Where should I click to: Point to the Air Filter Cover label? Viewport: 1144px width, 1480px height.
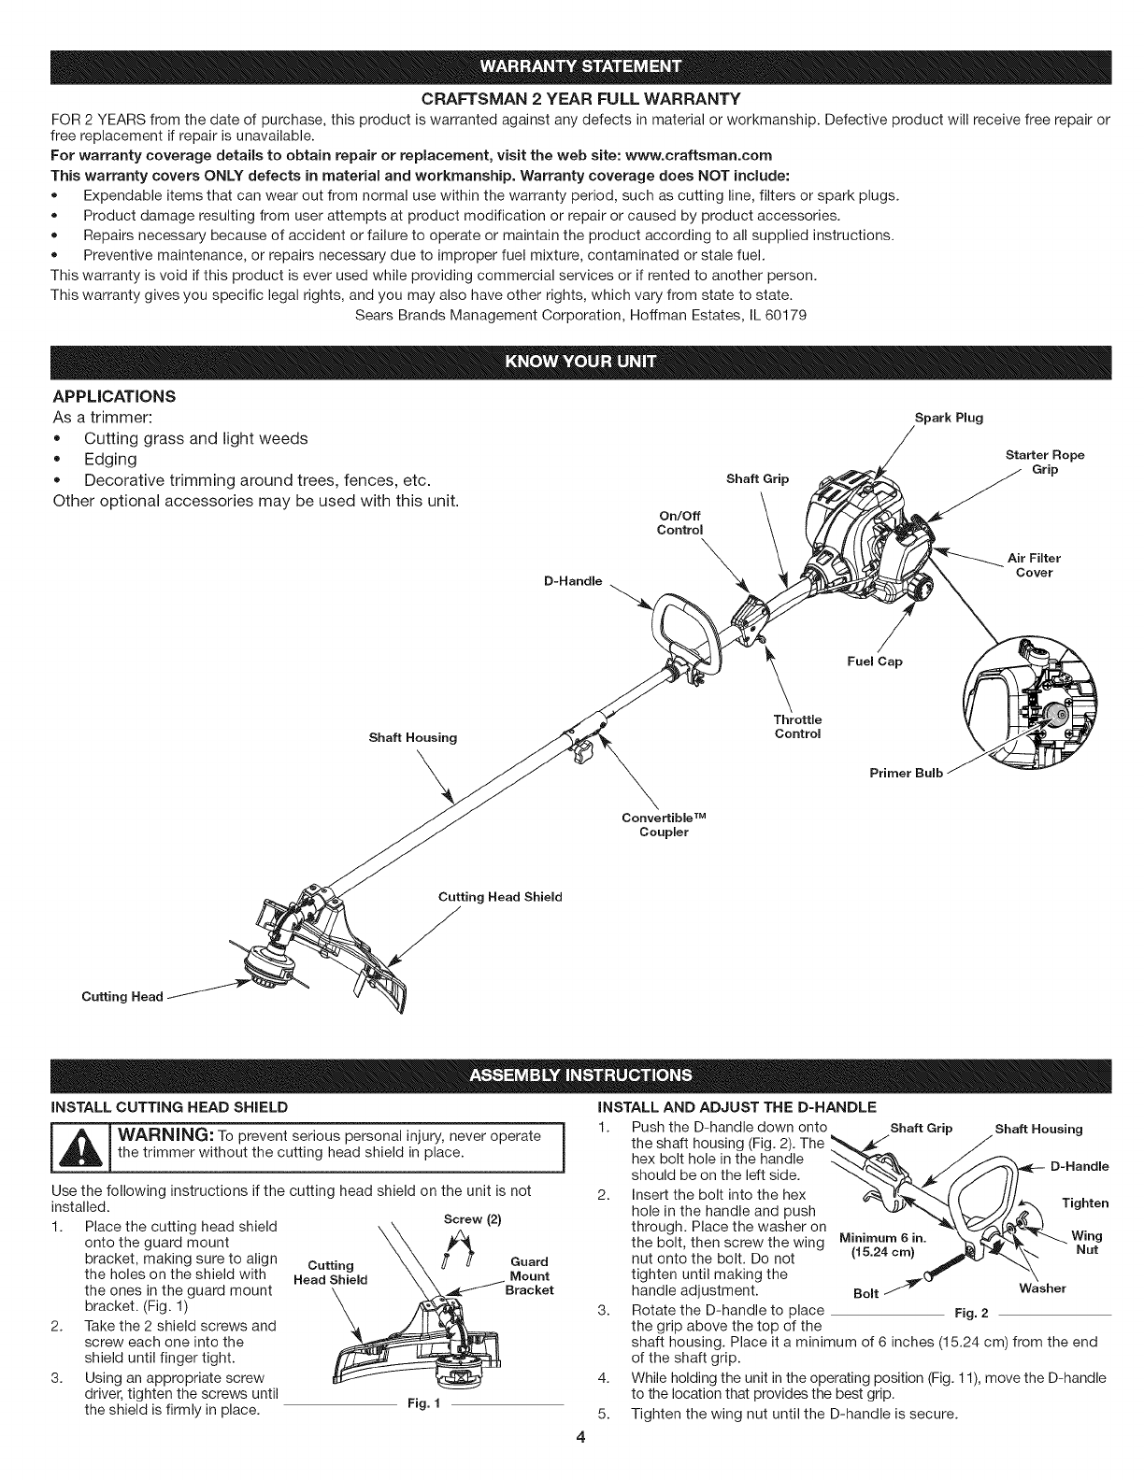[1034, 565]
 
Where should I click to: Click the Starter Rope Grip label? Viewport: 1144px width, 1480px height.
[1044, 462]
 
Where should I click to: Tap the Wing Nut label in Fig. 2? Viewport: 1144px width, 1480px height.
[1085, 1243]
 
